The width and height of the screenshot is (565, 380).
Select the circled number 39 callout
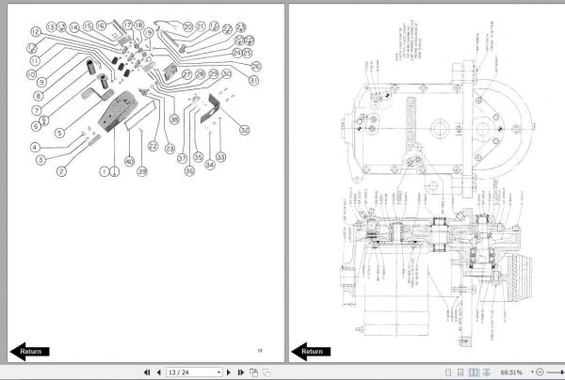click(142, 171)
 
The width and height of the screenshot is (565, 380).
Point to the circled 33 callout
click(219, 156)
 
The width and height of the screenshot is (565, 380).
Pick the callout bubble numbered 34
click(210, 164)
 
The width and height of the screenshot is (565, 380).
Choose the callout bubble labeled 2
click(61, 170)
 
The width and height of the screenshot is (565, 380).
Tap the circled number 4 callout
click(34, 147)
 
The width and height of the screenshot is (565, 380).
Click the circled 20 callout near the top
click(186, 26)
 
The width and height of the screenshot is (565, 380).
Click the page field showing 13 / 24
click(187, 372)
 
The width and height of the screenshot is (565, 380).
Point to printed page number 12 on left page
click(259, 350)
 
